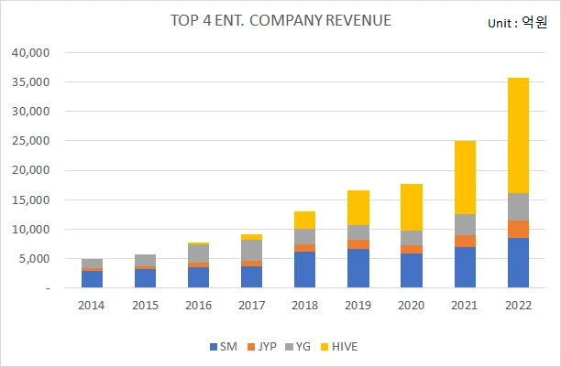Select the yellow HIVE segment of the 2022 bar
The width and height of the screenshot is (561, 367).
pos(519,135)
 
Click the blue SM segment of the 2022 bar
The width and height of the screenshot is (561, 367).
pos(519,263)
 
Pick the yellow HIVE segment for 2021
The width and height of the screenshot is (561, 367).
pos(466,178)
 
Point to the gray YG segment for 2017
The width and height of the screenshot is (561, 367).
pos(251,250)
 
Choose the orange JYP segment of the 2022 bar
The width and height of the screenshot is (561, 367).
pos(519,229)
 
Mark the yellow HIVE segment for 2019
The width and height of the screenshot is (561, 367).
pos(358,208)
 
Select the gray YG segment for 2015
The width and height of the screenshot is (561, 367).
pos(145,260)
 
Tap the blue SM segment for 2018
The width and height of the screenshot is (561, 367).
pos(305,270)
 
